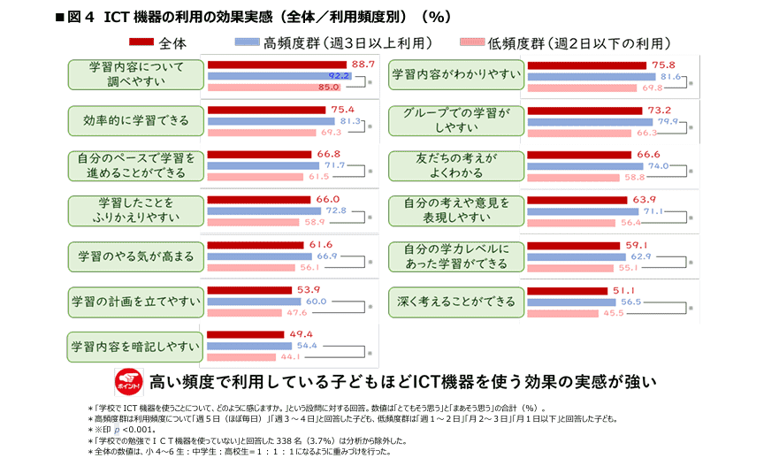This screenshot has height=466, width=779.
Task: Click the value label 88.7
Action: click(363, 65)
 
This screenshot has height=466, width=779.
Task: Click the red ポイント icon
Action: click(128, 383)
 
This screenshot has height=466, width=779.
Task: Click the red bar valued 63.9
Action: click(579, 200)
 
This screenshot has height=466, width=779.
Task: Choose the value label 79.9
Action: click(668, 121)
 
